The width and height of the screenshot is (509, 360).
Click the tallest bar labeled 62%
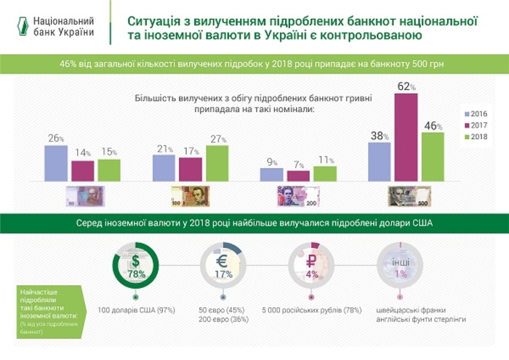(405, 137)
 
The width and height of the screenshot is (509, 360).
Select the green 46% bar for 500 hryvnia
(432, 156)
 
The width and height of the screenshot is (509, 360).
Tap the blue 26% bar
(56, 162)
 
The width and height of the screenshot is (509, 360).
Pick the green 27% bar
(217, 162)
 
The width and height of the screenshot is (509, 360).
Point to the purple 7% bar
(298, 175)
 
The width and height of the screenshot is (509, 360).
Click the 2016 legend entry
(476, 114)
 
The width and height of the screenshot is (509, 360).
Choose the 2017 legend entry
(476, 126)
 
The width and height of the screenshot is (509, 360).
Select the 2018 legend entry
(476, 137)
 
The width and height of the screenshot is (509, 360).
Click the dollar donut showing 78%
(136, 266)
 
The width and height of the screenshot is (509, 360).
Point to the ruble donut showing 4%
(311, 266)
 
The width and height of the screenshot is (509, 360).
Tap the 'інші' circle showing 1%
(399, 266)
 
